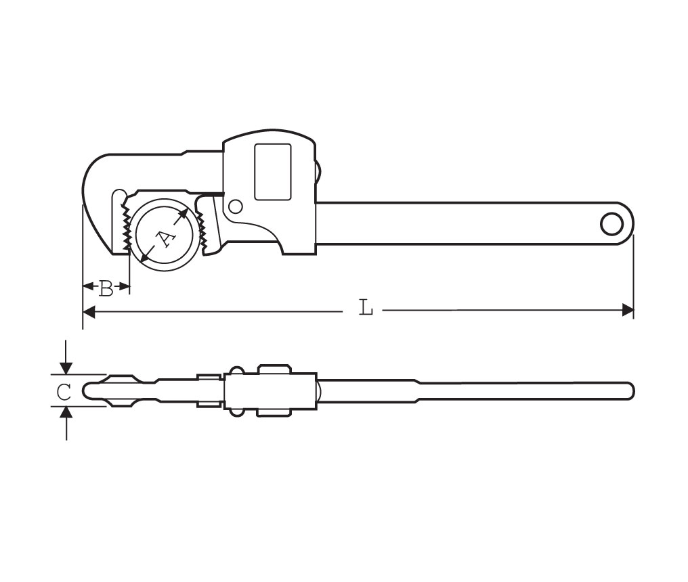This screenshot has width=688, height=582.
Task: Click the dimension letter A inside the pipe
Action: coord(165,239)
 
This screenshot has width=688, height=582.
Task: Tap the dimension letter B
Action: coord(106,288)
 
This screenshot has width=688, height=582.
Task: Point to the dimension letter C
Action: coord(64,392)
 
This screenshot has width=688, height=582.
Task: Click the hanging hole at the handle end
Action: coord(611,224)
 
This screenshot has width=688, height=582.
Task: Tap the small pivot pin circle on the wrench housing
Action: coord(236,206)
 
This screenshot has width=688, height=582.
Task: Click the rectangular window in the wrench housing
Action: coord(273,172)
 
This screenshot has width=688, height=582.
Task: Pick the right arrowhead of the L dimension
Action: coord(628,311)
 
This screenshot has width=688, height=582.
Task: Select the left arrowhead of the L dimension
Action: coord(89,312)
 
